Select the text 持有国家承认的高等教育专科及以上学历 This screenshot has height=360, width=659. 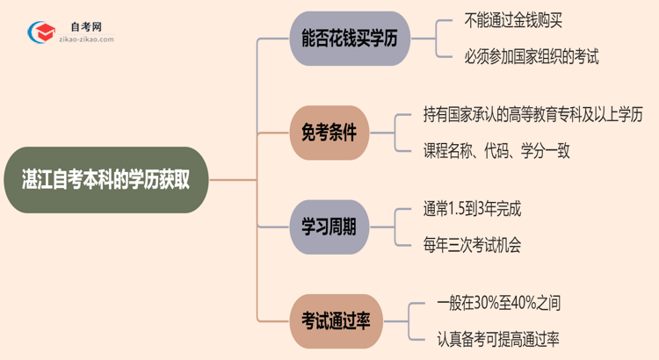point(533,114)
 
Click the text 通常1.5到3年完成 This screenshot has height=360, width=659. point(478,209)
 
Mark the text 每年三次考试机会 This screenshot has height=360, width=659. point(472,245)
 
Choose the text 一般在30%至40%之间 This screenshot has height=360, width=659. point(498,303)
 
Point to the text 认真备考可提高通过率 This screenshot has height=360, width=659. point(498,339)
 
